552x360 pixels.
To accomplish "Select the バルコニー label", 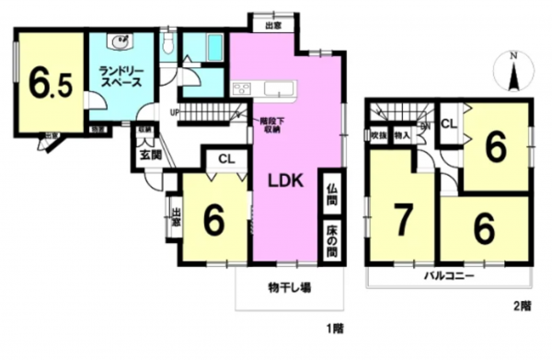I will (448, 276).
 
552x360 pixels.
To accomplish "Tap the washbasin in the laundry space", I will (121, 41).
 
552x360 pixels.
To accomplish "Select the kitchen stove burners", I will (241, 88).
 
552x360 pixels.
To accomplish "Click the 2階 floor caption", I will (522, 306).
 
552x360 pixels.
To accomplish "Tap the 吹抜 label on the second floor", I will (378, 135).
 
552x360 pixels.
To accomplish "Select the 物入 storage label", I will (401, 135).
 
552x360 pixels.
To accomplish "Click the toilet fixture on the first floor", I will (167, 44).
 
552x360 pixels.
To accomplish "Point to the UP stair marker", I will (174, 113).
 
